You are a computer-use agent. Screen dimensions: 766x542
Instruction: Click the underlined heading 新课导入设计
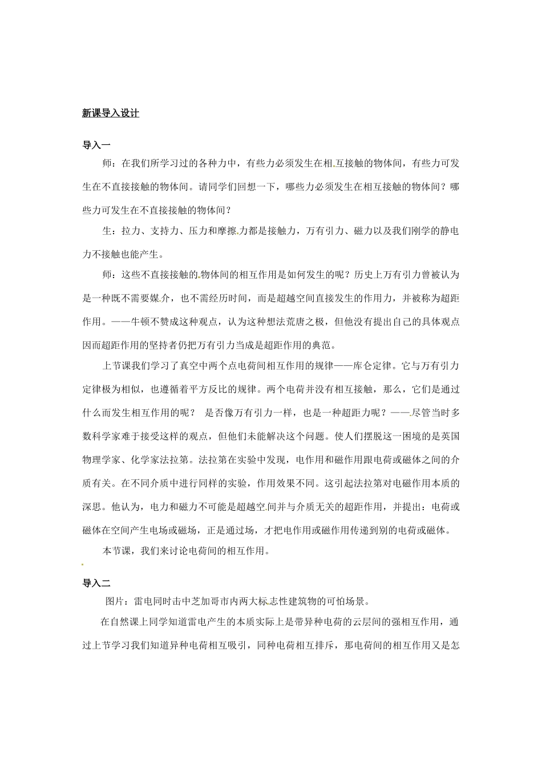tap(111, 113)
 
